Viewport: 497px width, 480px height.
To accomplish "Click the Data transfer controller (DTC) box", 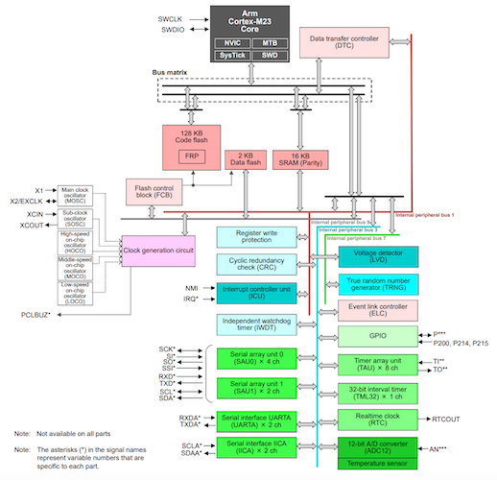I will click(343, 41).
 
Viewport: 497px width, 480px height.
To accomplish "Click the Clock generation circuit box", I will click(159, 251).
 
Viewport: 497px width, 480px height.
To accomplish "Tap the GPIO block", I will click(376, 337).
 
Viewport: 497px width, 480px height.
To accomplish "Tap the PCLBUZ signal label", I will click(37, 314).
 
